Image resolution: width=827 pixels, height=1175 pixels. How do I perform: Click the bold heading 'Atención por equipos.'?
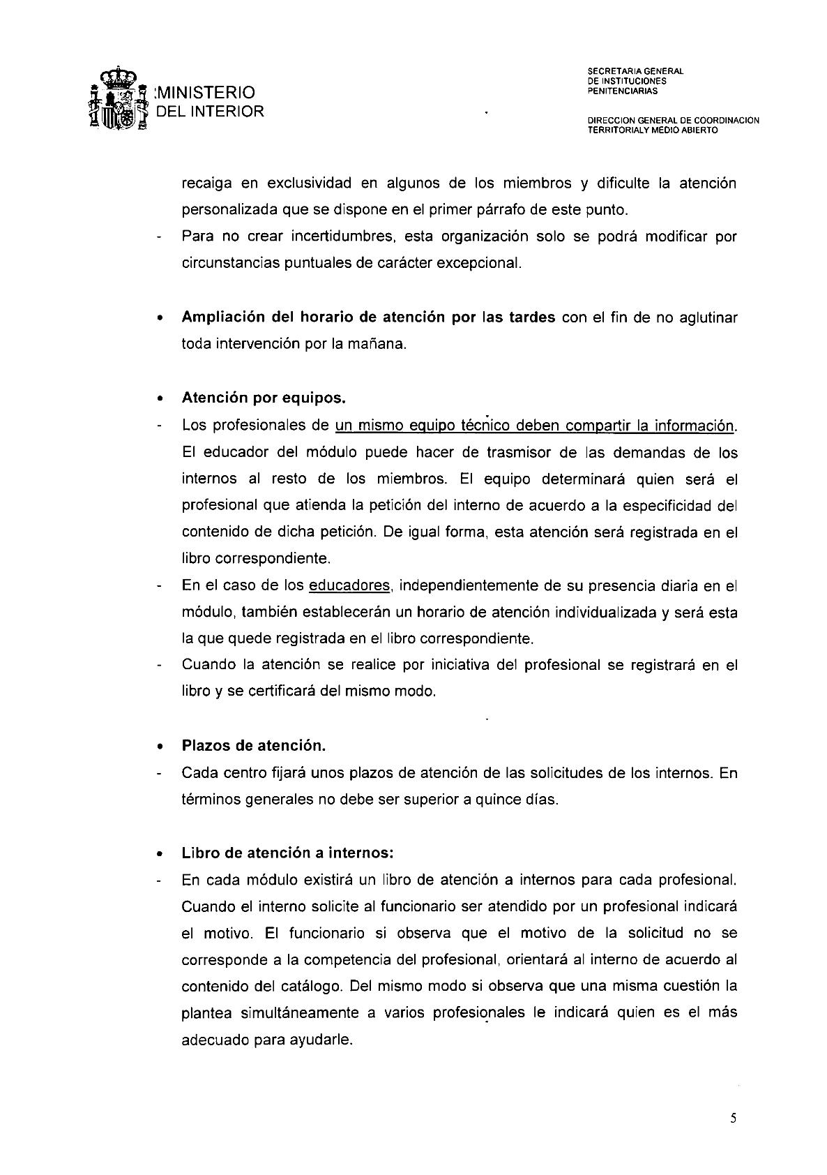tap(264, 398)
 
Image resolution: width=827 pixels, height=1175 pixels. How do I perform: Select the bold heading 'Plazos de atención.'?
tap(254, 745)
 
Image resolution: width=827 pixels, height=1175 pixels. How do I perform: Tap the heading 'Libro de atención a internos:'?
tap(288, 853)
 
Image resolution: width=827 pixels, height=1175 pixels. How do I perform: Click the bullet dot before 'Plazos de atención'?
tap(160, 746)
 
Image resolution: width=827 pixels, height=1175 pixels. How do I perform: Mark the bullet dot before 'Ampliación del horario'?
tap(160, 318)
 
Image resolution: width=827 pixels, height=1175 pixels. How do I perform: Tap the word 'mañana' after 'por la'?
tap(380, 344)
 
